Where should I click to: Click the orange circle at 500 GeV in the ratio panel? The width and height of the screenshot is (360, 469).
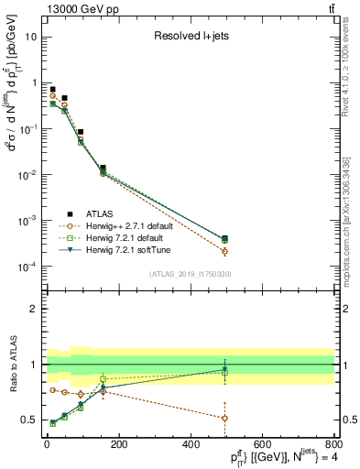coord(224,418)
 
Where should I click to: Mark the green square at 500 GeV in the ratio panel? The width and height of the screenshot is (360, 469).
coord(224,373)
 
